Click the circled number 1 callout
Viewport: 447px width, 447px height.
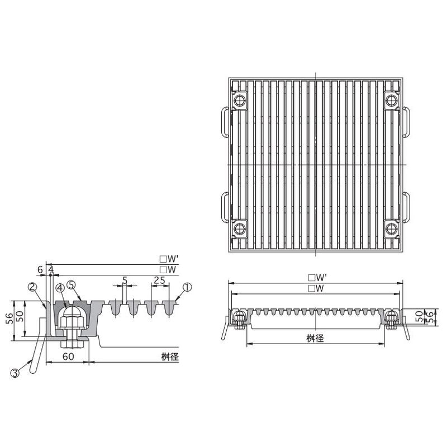[187, 287]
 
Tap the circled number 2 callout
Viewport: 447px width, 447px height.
[33, 287]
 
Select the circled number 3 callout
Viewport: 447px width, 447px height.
[15, 373]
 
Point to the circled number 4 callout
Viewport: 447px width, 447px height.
[60, 288]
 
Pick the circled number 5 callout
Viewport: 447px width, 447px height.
[72, 285]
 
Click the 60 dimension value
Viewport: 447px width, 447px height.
[68, 356]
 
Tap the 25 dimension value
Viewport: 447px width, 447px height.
[159, 281]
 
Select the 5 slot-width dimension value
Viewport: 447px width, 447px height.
[125, 280]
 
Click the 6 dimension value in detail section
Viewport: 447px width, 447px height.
[40, 269]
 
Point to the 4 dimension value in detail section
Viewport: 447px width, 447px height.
[51, 269]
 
